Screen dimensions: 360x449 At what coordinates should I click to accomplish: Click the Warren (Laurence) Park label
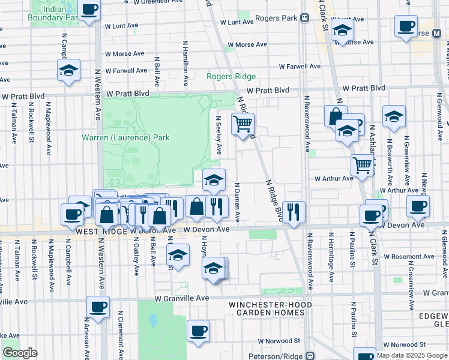pos(125,137)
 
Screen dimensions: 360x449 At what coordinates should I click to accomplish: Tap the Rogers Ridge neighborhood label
pos(231,76)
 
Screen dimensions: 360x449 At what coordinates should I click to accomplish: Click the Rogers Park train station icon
pos(305,18)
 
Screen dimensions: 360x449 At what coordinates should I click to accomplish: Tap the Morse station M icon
pos(436,33)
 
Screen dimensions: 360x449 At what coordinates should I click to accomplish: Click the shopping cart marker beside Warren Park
pos(243,124)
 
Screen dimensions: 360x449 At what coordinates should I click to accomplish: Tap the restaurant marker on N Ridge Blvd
pos(294,212)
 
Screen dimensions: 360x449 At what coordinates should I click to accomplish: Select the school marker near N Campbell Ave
pos(69,70)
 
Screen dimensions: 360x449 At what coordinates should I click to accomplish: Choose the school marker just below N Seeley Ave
pos(214,179)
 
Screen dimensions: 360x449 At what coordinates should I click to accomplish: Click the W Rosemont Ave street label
pos(409,256)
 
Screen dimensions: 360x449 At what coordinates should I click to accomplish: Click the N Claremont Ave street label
pos(121,333)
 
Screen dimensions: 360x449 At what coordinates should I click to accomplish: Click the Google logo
pos(20,353)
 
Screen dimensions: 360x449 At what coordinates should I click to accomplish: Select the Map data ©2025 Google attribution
pos(411,355)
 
